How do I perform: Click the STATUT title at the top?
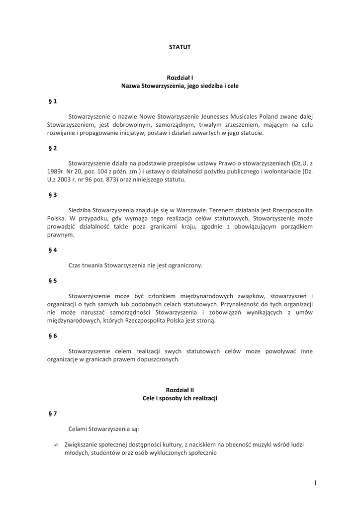coord(180,47)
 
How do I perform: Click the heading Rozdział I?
coord(180,78)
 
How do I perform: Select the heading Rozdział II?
coord(180,390)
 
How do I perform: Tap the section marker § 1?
coord(53,101)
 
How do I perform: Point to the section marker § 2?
coord(53,148)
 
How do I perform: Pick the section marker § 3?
coord(53,195)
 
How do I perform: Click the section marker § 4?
coord(53,250)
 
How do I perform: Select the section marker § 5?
coord(53,281)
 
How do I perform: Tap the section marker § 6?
coord(53,336)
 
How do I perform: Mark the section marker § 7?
coord(53,413)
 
